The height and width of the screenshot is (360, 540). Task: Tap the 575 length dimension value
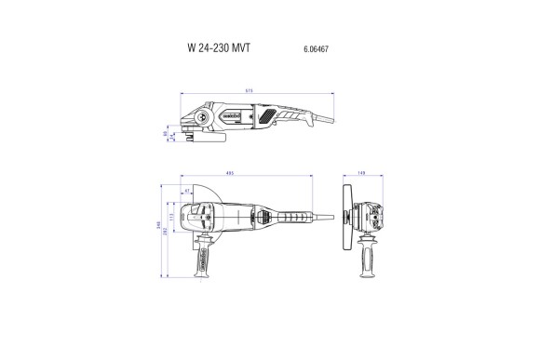[250, 90]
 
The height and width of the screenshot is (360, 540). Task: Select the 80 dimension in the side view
[166, 134]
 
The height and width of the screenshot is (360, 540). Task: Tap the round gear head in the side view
[199, 118]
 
